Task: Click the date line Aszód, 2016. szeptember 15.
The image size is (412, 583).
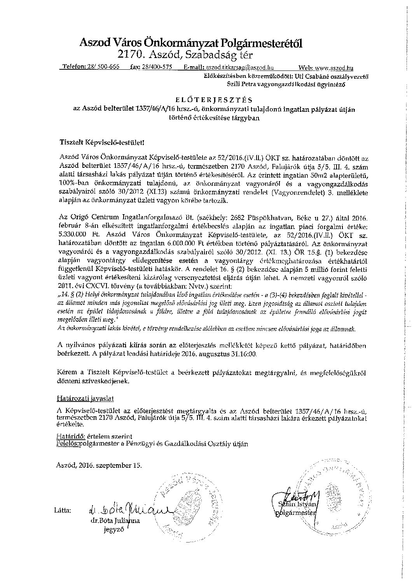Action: pyautogui.click(x=99, y=465)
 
